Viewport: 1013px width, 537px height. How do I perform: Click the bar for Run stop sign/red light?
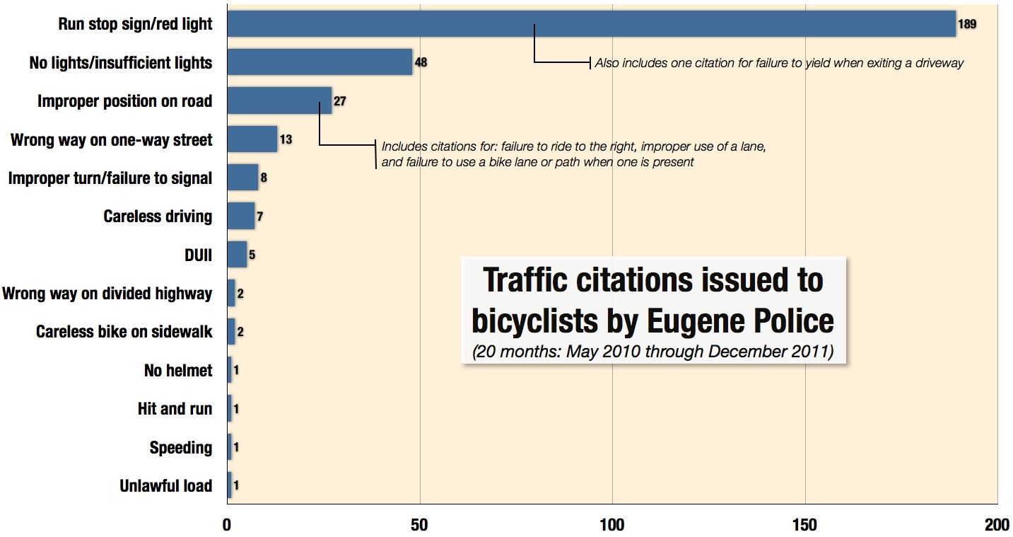(590, 24)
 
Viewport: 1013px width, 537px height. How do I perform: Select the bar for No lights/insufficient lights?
(320, 62)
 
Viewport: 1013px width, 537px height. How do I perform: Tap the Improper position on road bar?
(279, 101)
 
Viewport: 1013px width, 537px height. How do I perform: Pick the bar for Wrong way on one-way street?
(252, 139)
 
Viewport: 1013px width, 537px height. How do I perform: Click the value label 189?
(967, 24)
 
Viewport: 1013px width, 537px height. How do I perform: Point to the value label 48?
(421, 62)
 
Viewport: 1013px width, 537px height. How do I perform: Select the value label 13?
(286, 139)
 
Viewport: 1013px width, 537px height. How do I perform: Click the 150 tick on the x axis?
(804, 525)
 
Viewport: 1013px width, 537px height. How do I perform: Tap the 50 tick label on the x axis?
(420, 525)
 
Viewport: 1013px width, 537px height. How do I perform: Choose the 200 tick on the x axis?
(996, 525)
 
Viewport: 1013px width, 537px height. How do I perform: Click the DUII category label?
(198, 255)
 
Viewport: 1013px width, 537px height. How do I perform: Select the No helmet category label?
(178, 370)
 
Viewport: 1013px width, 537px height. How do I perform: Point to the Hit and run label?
(175, 409)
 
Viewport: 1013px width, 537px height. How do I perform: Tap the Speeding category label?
(180, 448)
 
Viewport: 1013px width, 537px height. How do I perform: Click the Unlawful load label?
(166, 486)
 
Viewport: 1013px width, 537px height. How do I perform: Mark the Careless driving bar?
(241, 216)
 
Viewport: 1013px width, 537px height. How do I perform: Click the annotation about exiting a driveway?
(779, 63)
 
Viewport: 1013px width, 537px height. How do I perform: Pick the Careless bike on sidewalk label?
(124, 332)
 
